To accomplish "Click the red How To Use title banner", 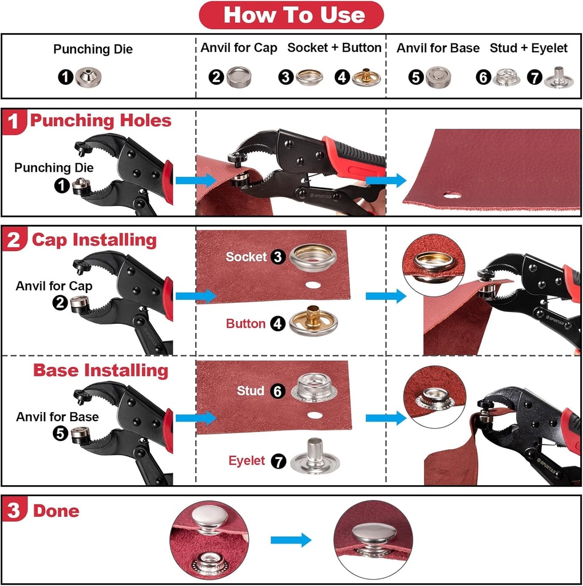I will point(291,15).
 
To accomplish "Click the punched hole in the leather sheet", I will point(452,195).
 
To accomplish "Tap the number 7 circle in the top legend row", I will point(534,77).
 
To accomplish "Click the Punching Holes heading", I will point(100,121).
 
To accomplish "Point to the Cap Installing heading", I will point(94,240).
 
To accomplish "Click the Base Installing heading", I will point(100,370).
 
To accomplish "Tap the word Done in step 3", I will point(56,510).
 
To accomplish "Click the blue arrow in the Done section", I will point(291,540).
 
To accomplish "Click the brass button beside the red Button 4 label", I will point(312,322).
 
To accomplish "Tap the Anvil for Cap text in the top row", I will point(239,48).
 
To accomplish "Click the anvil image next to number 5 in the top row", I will point(439,77).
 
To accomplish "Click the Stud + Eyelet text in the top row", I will point(528,48).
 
